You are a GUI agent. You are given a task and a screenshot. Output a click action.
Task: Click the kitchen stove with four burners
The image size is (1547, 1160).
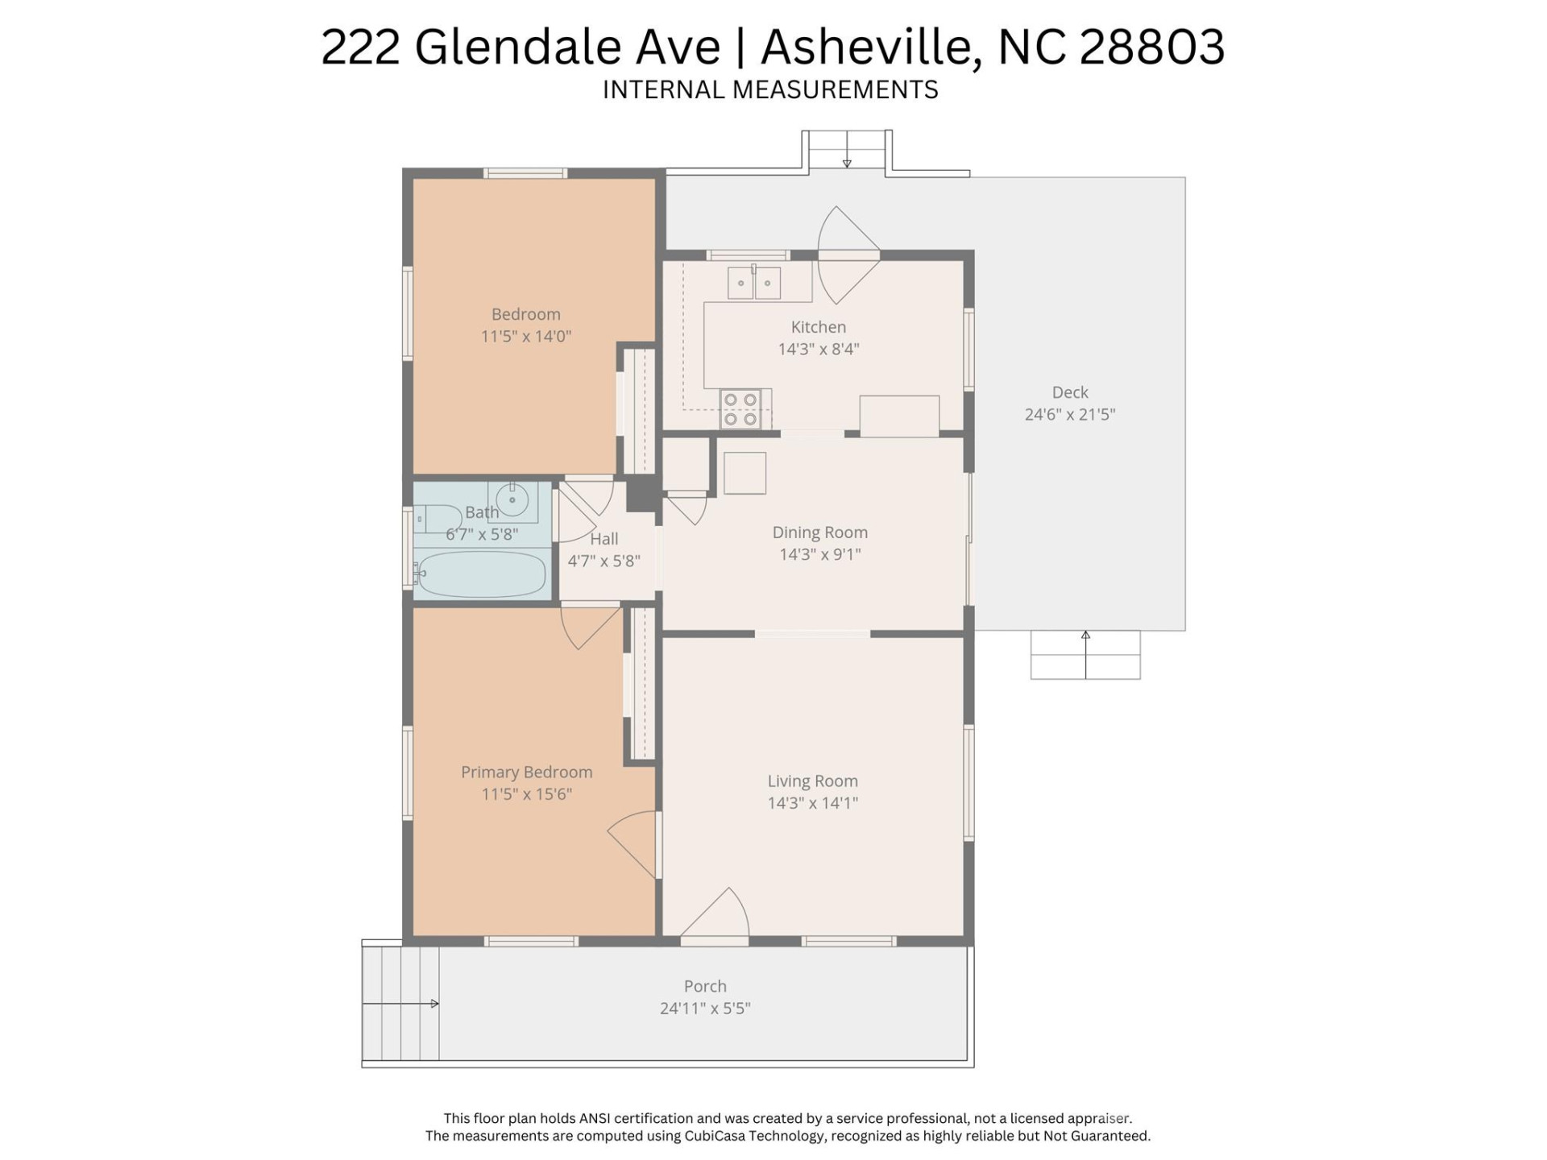[x=740, y=409]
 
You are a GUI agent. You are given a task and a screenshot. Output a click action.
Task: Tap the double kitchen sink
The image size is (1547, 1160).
[x=754, y=283]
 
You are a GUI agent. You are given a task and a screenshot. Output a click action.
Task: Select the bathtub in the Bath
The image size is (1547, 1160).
[x=481, y=574]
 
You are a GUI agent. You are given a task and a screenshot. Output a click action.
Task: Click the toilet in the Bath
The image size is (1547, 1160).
[x=435, y=519]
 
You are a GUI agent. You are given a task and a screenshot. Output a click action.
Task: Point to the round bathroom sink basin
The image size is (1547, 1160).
[x=512, y=499]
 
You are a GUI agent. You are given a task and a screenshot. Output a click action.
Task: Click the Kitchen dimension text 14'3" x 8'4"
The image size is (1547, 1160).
[x=818, y=349]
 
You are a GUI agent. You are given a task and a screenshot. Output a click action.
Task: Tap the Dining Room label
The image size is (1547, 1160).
[x=819, y=532]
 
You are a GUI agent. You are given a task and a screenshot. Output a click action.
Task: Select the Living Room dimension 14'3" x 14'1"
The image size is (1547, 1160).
[x=812, y=802]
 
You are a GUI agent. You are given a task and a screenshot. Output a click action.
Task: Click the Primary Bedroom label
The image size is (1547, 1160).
[x=526, y=772]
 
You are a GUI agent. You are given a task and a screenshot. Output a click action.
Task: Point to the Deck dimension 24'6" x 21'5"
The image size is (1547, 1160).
[x=1069, y=414]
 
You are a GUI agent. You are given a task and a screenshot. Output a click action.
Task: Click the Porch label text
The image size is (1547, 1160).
[x=705, y=986]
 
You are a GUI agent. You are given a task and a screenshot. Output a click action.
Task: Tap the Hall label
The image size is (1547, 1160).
[x=604, y=539]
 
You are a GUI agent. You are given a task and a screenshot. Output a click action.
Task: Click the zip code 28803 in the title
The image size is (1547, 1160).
[x=1151, y=47]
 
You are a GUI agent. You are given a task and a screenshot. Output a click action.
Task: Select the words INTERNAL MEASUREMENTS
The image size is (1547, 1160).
[x=770, y=89]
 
